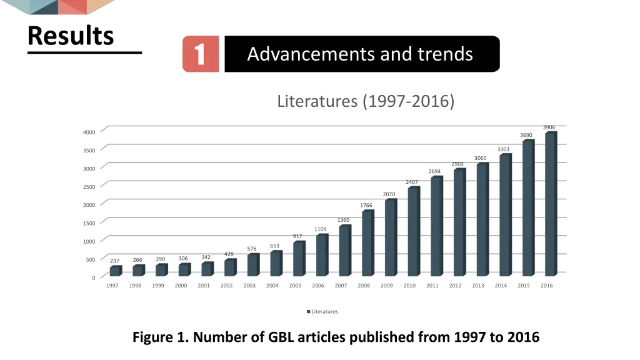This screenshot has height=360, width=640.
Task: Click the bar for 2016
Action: pos(551,204)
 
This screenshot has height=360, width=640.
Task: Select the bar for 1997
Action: pos(115,271)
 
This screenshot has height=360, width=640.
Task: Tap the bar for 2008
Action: pos(367,243)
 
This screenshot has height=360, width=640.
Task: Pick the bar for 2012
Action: pos(459,222)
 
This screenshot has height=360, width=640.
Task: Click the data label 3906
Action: pos(549,127)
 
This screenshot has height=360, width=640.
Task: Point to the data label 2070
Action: pos(389,194)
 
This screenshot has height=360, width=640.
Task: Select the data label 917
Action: pos(298,236)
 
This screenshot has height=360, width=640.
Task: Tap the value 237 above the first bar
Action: pos(114,261)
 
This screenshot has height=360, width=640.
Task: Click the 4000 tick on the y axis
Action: pos(89,132)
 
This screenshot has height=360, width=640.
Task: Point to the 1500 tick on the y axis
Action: pos(89,223)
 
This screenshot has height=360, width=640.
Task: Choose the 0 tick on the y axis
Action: pos(93,278)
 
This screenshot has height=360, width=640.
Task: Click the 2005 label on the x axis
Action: pos(295,286)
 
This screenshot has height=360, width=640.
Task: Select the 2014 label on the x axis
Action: pos(501,286)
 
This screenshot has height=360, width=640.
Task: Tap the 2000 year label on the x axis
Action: pos(181,286)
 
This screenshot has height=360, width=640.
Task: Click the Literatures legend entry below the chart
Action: pos(322,311)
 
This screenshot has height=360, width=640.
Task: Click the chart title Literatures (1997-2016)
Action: pos(366,101)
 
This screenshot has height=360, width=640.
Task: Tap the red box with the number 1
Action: pos(201,54)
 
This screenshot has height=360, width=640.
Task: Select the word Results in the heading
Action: pos(71,36)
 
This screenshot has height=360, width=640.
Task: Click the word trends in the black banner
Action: pos(446,54)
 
